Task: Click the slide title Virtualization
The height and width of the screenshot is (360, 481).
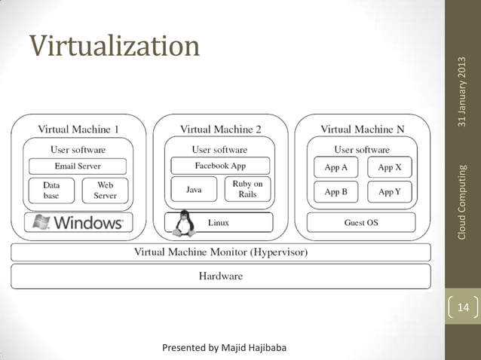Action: [x=115, y=47]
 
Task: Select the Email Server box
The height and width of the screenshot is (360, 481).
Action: [x=78, y=166]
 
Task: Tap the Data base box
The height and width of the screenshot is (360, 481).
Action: [x=51, y=189]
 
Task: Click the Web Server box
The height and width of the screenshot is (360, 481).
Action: [x=105, y=189]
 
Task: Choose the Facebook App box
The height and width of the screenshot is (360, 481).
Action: [x=220, y=166]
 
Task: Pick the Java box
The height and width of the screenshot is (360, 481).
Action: [x=194, y=190]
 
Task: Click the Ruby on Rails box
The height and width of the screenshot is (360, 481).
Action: [x=247, y=188]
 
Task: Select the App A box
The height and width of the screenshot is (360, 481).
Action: [x=335, y=168]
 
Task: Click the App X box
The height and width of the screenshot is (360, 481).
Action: [x=389, y=168]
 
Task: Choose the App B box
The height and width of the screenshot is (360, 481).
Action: [x=335, y=192]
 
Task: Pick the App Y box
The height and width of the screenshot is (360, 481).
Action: [x=389, y=192]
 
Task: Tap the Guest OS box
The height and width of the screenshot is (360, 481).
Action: [x=360, y=223]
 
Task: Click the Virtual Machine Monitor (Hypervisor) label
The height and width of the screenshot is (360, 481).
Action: [x=220, y=252]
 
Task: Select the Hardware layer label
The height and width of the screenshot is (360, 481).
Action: [x=220, y=276]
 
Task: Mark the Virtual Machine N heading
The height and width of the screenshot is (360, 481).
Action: [x=362, y=129]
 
